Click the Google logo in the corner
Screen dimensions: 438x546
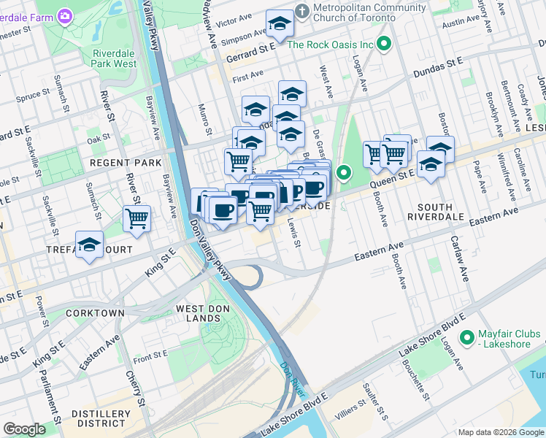[25, 429]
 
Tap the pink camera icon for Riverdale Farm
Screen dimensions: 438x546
[65, 15]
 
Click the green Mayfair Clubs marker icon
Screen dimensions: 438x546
[467, 339]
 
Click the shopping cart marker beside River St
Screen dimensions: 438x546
[136, 218]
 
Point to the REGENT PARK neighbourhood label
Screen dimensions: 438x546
[115, 161]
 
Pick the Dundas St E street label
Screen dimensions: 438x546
[438, 69]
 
